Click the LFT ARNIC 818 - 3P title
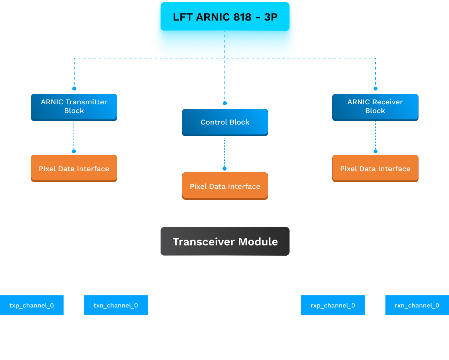click(x=225, y=17)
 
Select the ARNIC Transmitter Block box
click(x=74, y=107)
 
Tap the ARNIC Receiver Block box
click(x=375, y=107)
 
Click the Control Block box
click(x=225, y=122)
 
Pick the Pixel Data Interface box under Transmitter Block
click(x=74, y=169)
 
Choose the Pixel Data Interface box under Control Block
click(x=225, y=186)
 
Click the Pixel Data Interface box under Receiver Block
click(x=375, y=169)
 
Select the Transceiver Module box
click(x=225, y=241)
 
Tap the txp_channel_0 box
click(x=32, y=305)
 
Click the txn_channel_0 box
click(x=116, y=305)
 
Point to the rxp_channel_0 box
click(x=333, y=305)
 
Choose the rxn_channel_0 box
click(x=417, y=305)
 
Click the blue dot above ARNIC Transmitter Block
click(x=74, y=89)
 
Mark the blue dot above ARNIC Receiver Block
click(x=376, y=89)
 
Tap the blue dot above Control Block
click(x=225, y=103)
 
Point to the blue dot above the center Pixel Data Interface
click(x=224, y=169)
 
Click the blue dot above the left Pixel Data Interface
click(x=74, y=151)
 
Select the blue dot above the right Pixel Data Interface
click(x=376, y=151)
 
